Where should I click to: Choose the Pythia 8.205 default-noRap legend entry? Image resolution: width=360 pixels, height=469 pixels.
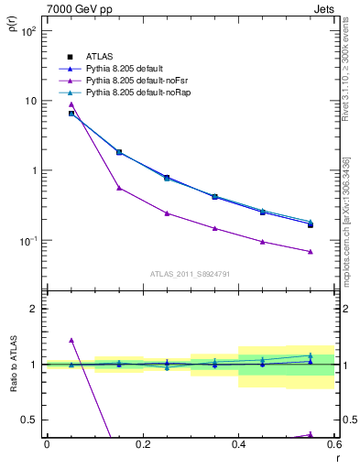pyautogui.click(x=134, y=93)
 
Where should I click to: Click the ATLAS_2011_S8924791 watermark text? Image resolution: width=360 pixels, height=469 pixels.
pyautogui.click(x=191, y=273)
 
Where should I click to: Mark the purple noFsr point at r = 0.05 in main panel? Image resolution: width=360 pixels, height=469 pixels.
pyautogui.click(x=71, y=104)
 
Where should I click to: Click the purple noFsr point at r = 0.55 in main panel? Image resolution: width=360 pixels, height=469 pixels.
pyautogui.click(x=311, y=252)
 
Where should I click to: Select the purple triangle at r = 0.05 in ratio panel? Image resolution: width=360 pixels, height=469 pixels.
pyautogui.click(x=71, y=341)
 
